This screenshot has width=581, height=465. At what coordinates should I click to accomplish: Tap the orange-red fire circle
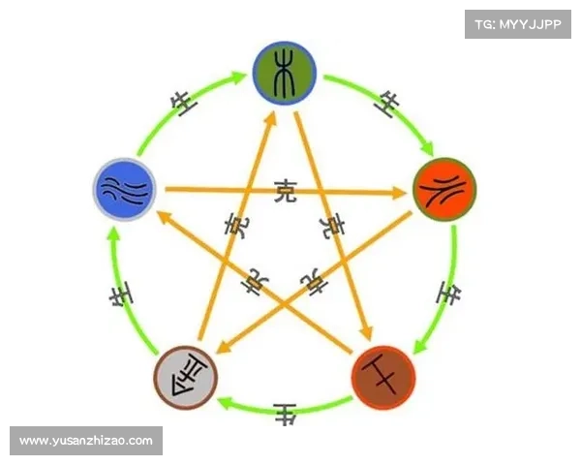[x=443, y=191]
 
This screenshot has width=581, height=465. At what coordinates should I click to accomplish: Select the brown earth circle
[x=383, y=375]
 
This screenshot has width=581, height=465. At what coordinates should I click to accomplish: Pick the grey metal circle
[x=186, y=375]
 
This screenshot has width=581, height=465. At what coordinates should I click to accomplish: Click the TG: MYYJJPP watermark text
[x=518, y=23]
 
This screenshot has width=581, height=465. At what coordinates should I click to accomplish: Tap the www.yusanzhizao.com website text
[x=85, y=441]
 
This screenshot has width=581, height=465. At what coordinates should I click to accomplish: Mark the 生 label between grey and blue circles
[x=119, y=295]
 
